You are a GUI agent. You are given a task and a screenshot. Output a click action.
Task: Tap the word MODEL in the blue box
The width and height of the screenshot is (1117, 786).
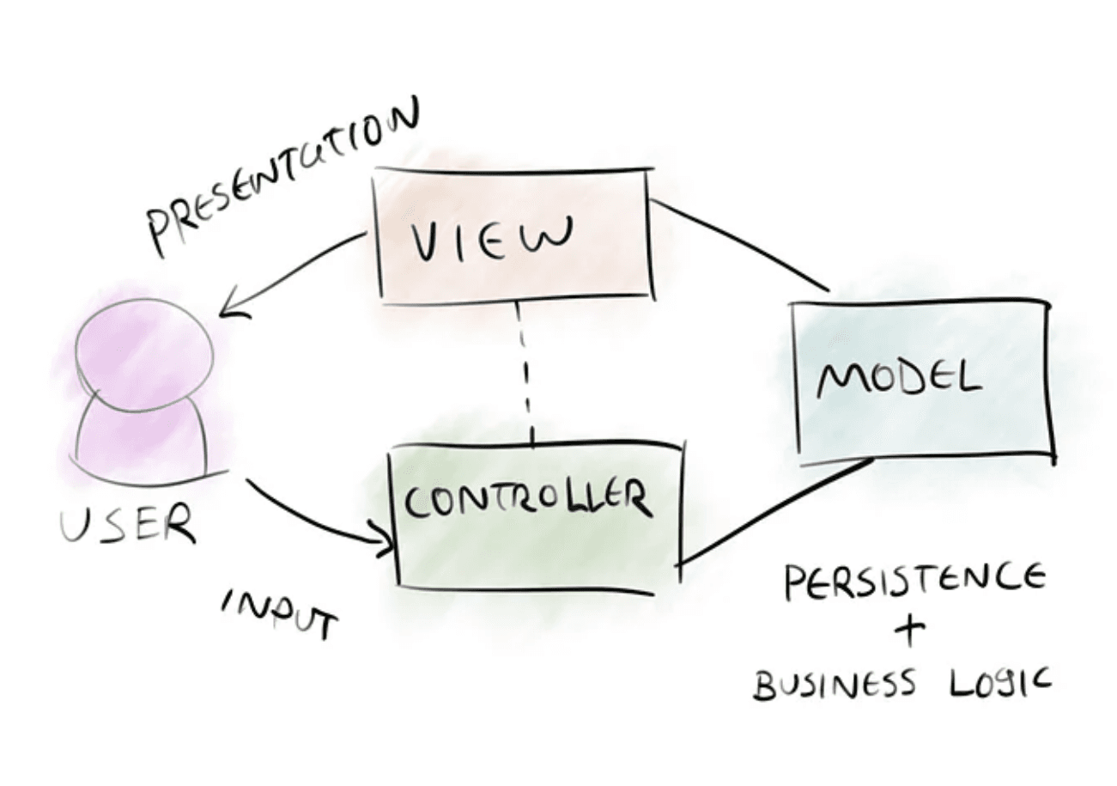point(898,378)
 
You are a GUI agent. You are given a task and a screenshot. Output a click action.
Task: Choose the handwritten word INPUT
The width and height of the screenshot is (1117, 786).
point(280,614)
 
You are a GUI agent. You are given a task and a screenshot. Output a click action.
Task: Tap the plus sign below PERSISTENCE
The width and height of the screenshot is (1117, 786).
point(913,633)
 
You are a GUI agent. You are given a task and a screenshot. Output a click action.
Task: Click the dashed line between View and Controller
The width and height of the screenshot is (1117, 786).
point(525,374)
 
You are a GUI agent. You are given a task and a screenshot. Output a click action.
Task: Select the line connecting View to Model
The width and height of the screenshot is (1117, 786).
point(738,245)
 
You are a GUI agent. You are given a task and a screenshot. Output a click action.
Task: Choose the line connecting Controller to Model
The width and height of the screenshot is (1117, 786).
point(773,512)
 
